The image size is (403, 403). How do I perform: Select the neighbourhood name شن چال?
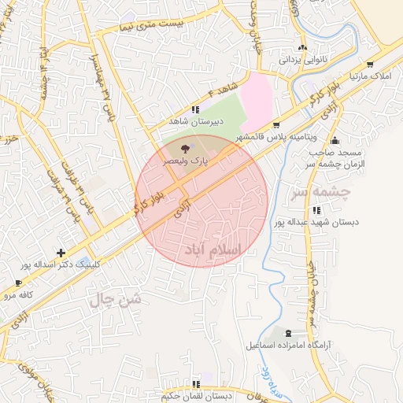click(x=115, y=298)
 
